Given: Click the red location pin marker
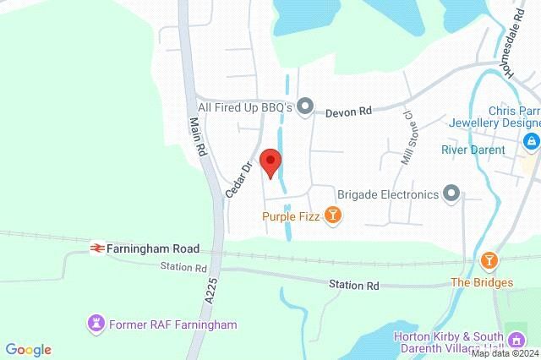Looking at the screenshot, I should pyautogui.click(x=270, y=161).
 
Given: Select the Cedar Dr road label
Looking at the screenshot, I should pyautogui.click(x=239, y=179).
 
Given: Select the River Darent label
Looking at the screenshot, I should pyautogui.click(x=473, y=150).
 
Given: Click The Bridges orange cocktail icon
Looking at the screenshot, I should pyautogui.click(x=488, y=259).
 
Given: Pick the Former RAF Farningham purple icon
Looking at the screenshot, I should pyautogui.click(x=96, y=324).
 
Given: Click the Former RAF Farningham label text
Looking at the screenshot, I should pyautogui.click(x=172, y=325).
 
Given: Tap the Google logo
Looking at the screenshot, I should pyautogui.click(x=28, y=350).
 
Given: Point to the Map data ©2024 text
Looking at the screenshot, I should pyautogui.click(x=505, y=354).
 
